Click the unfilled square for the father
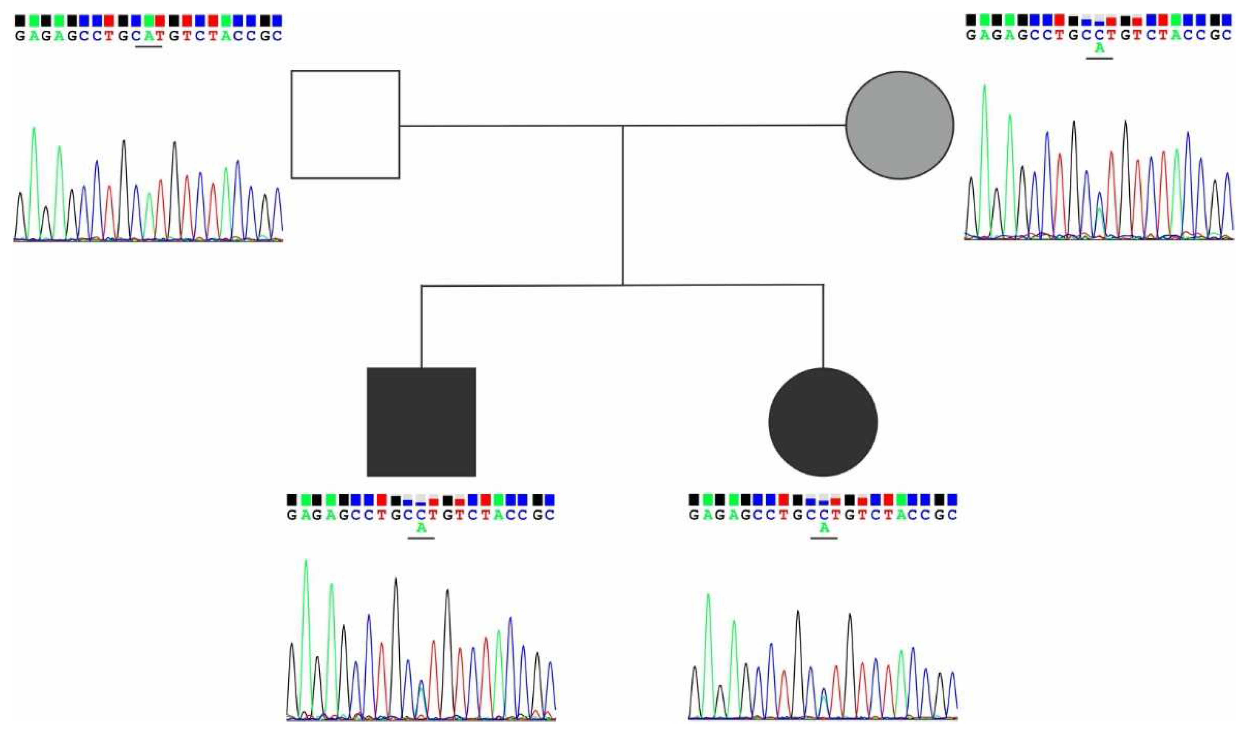[345, 124]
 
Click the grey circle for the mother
[900, 125]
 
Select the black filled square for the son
[421, 422]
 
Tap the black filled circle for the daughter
[823, 422]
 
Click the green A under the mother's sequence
[1099, 48]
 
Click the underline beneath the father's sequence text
[149, 47]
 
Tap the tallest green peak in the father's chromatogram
[34, 130]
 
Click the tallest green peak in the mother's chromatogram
[984, 87]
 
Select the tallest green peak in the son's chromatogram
[306, 562]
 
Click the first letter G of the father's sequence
[20, 36]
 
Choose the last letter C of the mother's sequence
[1227, 36]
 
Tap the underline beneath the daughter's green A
[824, 538]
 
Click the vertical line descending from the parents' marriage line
[622, 205]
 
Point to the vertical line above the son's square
[421, 326]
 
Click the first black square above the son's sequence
[292, 500]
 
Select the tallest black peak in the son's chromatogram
[396, 580]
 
